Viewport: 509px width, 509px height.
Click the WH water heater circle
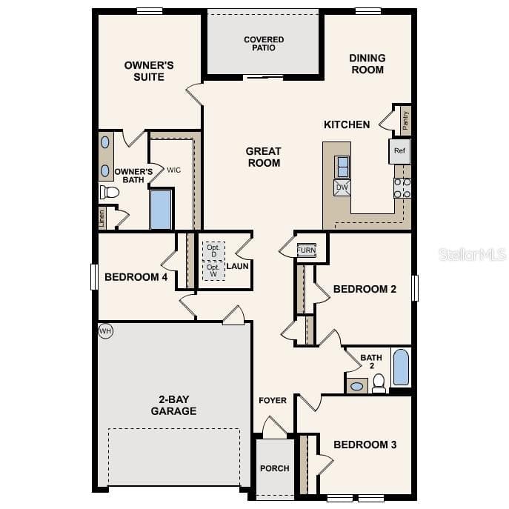tap(105, 330)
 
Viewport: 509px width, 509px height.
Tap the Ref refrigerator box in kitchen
tap(399, 151)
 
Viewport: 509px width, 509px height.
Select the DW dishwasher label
tap(342, 187)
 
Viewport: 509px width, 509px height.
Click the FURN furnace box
tap(306, 250)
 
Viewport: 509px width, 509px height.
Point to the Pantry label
tap(405, 120)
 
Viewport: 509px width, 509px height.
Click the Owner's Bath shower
tap(161, 210)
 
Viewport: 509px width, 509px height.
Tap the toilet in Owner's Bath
tap(110, 193)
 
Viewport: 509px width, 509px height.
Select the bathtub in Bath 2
tap(400, 368)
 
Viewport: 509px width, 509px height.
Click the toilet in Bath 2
tap(379, 382)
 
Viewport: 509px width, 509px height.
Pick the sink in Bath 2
tap(356, 385)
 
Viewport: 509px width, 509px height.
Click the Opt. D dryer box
tap(213, 250)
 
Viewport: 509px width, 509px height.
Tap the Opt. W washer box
tap(213, 270)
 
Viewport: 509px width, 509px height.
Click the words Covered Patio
tap(264, 44)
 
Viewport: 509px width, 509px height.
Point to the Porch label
tap(274, 468)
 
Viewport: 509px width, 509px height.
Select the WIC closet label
tap(173, 170)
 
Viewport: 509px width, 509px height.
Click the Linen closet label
tap(102, 218)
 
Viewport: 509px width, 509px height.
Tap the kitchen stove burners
tap(402, 187)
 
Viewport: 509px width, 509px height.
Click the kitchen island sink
tap(342, 166)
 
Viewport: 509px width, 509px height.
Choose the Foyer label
tap(273, 401)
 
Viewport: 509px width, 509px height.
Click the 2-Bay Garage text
tap(173, 405)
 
